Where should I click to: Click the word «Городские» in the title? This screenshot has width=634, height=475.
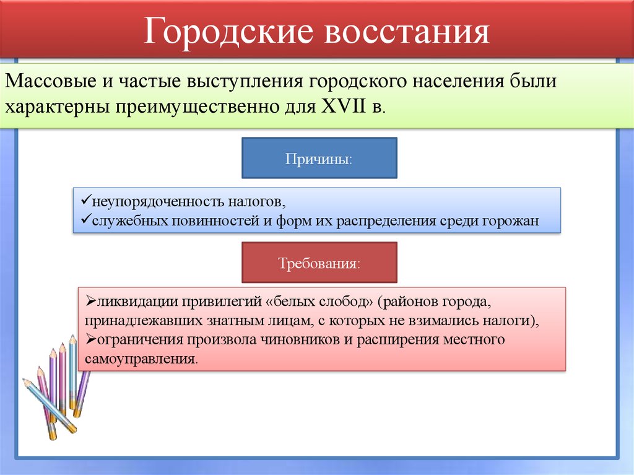click(226, 33)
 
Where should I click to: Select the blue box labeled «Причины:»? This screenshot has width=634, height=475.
click(318, 158)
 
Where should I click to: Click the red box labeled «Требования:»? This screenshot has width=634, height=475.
click(318, 263)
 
